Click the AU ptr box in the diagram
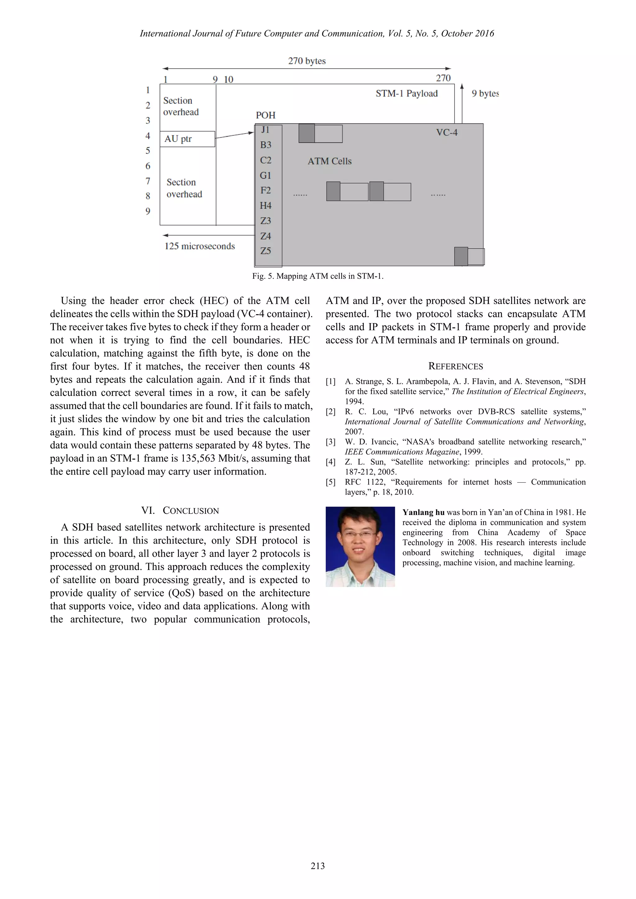[x=187, y=139]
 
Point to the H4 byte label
[x=266, y=206]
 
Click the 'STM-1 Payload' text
[x=406, y=93]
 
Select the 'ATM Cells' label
[x=329, y=161]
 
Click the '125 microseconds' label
[x=199, y=246]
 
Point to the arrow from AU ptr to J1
[x=234, y=135]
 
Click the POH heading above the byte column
[x=266, y=115]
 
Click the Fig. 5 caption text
[x=318, y=276]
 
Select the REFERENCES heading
[x=456, y=367]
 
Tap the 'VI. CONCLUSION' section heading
[x=180, y=511]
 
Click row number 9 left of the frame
[x=148, y=211]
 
